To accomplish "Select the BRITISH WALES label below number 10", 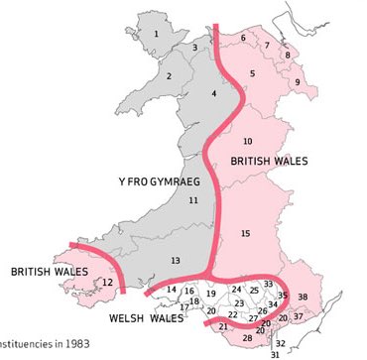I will point(268,160).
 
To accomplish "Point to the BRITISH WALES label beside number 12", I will point(46,269).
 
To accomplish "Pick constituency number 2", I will point(170,76).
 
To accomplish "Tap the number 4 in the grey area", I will point(213,93).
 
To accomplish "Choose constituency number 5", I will point(252,73).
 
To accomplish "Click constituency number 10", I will point(248,140).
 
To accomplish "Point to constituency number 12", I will point(106,282).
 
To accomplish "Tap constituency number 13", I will point(176,260).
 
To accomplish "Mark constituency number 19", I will point(210,294).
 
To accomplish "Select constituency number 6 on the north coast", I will point(243,38).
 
